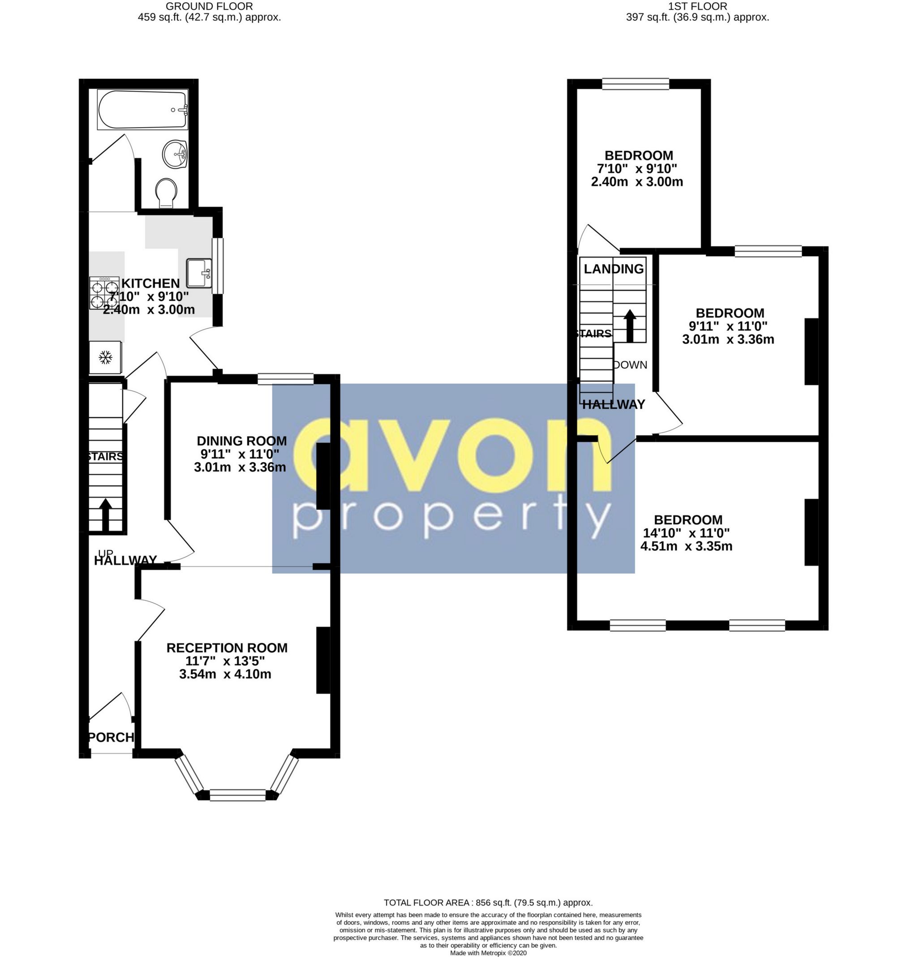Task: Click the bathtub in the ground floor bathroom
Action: click(x=142, y=110)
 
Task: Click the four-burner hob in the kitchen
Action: click(x=104, y=293)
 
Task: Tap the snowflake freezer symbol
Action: click(x=105, y=358)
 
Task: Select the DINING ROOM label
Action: click(x=241, y=441)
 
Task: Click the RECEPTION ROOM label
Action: click(x=227, y=648)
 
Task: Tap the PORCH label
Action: click(x=111, y=737)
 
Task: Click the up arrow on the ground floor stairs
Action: click(x=105, y=514)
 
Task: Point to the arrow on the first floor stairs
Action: click(x=629, y=326)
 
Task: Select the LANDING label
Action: click(x=614, y=269)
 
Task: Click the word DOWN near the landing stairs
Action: click(x=631, y=365)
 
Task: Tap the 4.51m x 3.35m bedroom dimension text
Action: click(x=686, y=546)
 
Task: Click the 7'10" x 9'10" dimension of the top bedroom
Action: click(x=637, y=169)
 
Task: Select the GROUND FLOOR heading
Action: click(x=209, y=6)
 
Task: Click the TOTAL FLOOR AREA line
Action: click(x=488, y=902)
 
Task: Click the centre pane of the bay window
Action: click(x=238, y=794)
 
